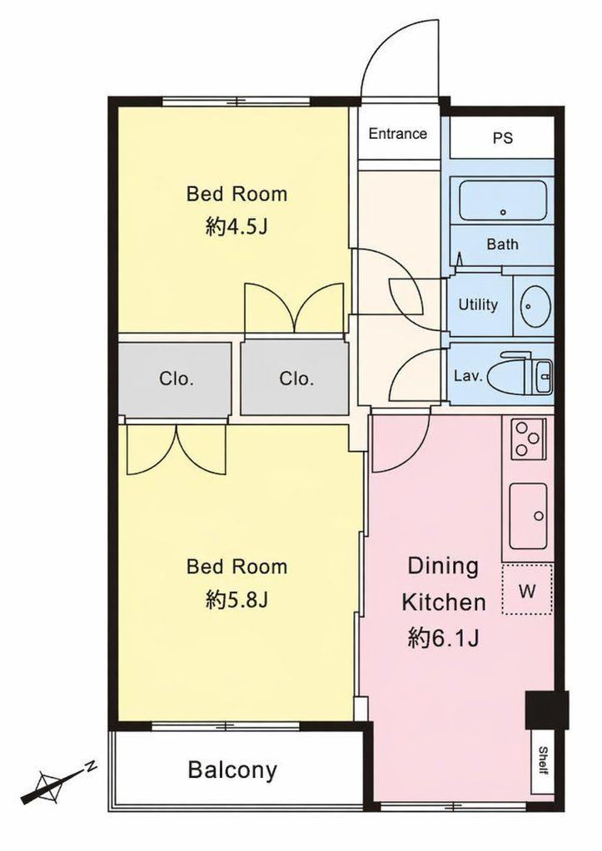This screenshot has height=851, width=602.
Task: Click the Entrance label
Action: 398,133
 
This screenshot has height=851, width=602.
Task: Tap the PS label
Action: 503,138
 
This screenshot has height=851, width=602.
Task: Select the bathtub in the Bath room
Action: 503,200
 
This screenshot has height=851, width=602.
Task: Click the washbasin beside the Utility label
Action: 535,306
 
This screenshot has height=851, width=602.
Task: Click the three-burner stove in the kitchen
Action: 528,438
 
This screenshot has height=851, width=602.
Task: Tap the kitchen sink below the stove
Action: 528,516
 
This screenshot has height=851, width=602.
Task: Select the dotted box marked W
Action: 527,590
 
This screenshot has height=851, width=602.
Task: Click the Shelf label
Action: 542,761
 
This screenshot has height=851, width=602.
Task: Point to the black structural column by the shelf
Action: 546,710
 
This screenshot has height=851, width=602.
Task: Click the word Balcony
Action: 232,770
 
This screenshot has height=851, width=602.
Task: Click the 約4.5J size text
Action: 237,227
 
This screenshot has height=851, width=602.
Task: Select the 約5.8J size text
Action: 237,601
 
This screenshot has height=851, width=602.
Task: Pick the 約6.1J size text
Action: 443,638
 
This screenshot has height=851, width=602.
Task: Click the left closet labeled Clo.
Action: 175,379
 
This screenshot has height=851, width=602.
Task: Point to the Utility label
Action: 478,305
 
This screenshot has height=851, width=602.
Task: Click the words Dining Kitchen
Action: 443,584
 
